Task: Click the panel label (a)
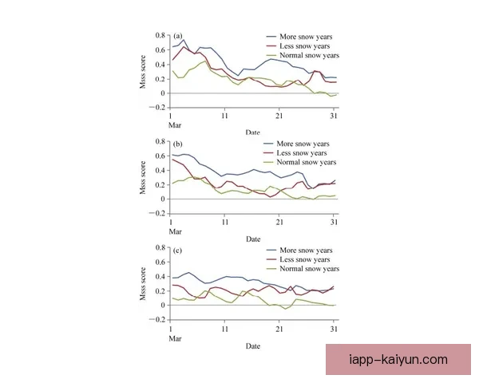coord(179,36)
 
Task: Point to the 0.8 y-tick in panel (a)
coord(160,36)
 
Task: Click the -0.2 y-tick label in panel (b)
coord(158,213)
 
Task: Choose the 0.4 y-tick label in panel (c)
coord(160,277)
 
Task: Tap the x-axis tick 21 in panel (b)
coord(280,223)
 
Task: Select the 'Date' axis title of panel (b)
coord(253,239)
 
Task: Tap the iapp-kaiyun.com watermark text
coord(399,360)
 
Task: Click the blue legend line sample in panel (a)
coord(271,37)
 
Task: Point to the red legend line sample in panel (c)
coord(271,259)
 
